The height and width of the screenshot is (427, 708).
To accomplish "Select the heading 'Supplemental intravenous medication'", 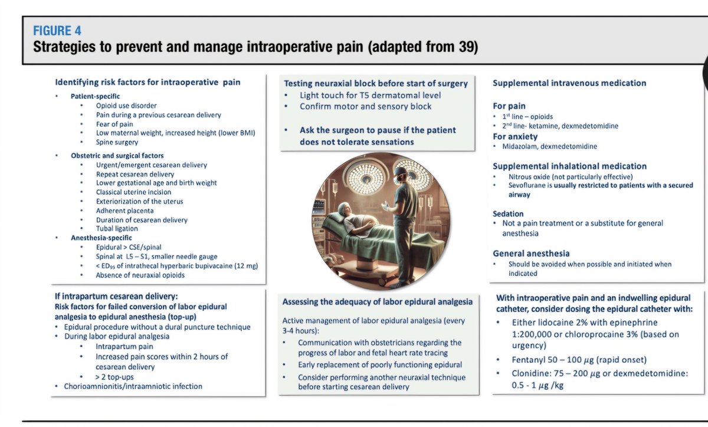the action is [x=569, y=83].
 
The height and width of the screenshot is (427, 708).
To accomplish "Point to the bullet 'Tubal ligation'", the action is [x=117, y=228].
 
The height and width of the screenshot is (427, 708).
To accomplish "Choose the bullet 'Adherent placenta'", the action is [x=124, y=210].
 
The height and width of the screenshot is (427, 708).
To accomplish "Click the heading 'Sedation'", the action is [x=508, y=213].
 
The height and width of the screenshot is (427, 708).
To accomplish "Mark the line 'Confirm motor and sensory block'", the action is [x=365, y=106].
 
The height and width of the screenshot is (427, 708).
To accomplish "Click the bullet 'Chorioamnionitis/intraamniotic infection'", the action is [x=133, y=386].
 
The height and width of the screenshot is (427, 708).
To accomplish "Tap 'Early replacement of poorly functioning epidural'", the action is [x=379, y=364].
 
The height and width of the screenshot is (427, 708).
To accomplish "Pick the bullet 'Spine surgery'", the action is [x=117, y=142].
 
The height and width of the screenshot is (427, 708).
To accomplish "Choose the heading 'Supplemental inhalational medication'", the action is [x=569, y=166].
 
